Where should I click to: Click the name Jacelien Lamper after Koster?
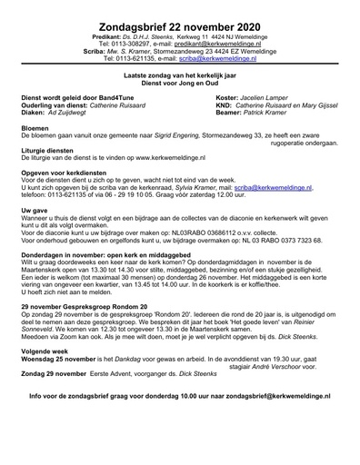[264, 95]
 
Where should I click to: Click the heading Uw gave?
[35, 209]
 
